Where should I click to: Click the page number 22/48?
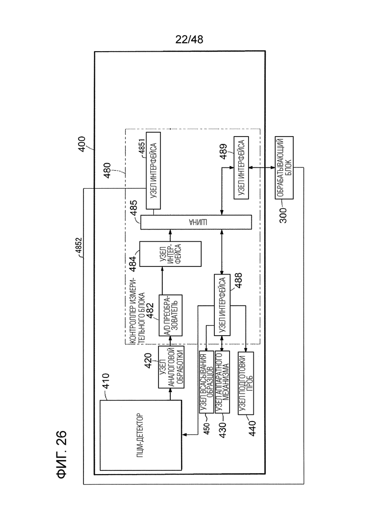pos(189,40)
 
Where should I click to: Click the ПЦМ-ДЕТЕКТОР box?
pos(141,435)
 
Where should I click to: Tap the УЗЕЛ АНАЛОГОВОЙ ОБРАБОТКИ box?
pos(171,367)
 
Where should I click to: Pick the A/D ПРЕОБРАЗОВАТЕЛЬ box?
pos(170,315)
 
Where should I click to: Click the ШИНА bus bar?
pos(196,222)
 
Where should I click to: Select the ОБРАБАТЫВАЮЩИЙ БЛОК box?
pos(284,167)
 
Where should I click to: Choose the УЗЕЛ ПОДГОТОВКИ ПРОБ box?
pos(246,383)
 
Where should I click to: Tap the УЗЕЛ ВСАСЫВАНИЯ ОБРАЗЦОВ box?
pos(206,382)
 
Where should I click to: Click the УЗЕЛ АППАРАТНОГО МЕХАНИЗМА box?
pos(222,382)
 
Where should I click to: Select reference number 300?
pos(283,215)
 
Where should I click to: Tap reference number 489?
pos(223,151)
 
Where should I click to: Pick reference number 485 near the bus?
pos(133,208)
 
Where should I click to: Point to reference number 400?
pos(82,144)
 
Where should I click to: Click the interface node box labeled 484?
pos(170,254)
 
